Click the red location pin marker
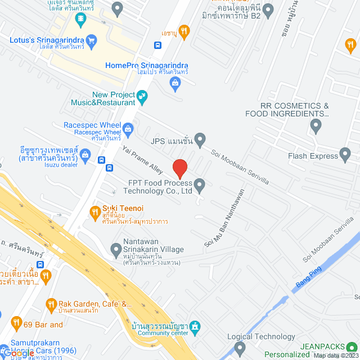[179, 168]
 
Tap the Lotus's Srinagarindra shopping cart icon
[92, 39]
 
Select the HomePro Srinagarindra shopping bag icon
[175, 84]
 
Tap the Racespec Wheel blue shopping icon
[128, 129]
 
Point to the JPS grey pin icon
[200, 138]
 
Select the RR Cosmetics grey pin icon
[317, 125]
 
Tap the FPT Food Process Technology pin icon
[200, 183]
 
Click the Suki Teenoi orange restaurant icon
[94, 211]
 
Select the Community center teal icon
[195, 326]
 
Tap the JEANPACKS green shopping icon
[353, 347]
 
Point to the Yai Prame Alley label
[142, 160]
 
